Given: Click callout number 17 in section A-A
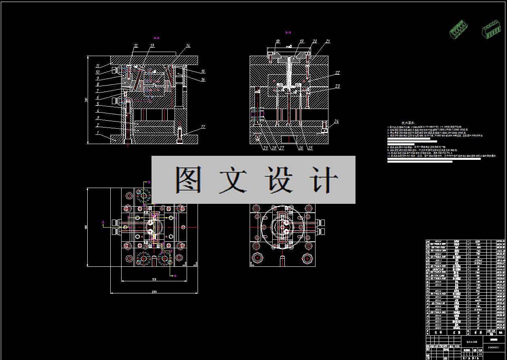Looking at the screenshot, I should (203, 127).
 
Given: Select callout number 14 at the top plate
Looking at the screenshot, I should (188, 46).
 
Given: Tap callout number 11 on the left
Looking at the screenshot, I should (97, 66).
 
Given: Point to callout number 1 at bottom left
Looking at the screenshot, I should (97, 133).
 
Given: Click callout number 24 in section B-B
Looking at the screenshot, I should (336, 121).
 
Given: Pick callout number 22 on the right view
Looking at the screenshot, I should (337, 73).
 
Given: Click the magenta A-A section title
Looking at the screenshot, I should (157, 38).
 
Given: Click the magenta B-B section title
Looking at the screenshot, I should (288, 32).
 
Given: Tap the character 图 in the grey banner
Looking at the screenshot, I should (188, 180).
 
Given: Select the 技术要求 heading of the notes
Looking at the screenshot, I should (408, 122).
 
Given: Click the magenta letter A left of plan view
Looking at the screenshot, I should (103, 222).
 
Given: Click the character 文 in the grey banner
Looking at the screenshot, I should (233, 180).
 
